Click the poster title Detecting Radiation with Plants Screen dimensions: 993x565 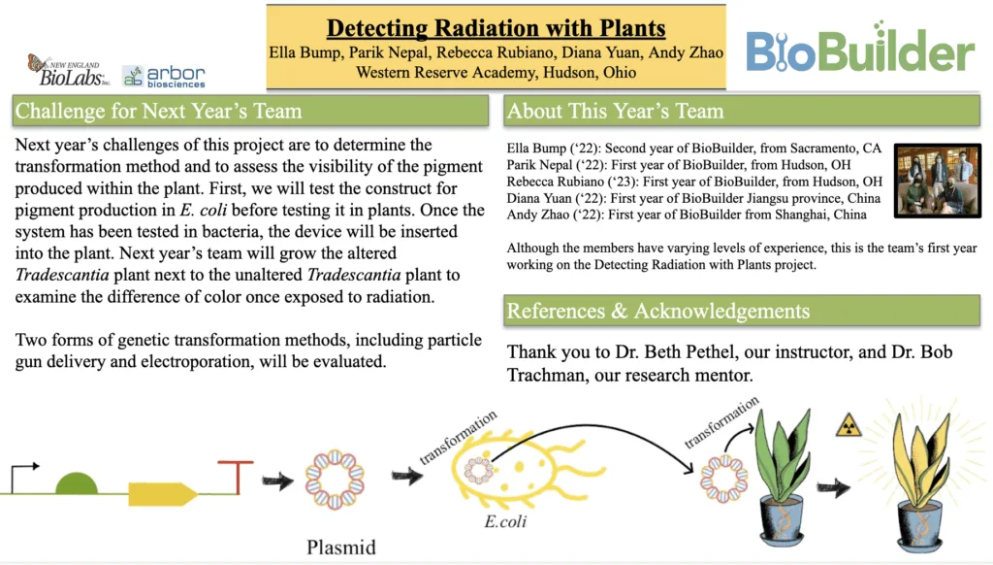click(496, 28)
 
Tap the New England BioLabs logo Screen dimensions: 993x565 click(68, 71)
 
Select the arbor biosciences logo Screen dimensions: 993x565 click(163, 76)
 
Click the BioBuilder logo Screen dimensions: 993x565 click(860, 49)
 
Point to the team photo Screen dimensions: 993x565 click(938, 181)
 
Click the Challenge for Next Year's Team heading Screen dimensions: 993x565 click(158, 111)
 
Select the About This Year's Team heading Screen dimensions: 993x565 click(615, 111)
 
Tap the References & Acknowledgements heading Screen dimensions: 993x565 click(658, 311)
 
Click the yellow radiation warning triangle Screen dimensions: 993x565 click(849, 425)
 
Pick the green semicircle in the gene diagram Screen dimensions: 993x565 click(77, 483)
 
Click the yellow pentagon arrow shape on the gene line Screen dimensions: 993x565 click(163, 494)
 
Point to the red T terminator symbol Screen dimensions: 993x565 click(237, 477)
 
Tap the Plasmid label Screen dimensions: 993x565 click(341, 547)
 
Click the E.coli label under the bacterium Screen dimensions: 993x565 click(505, 521)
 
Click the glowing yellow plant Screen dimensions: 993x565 click(921, 476)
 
